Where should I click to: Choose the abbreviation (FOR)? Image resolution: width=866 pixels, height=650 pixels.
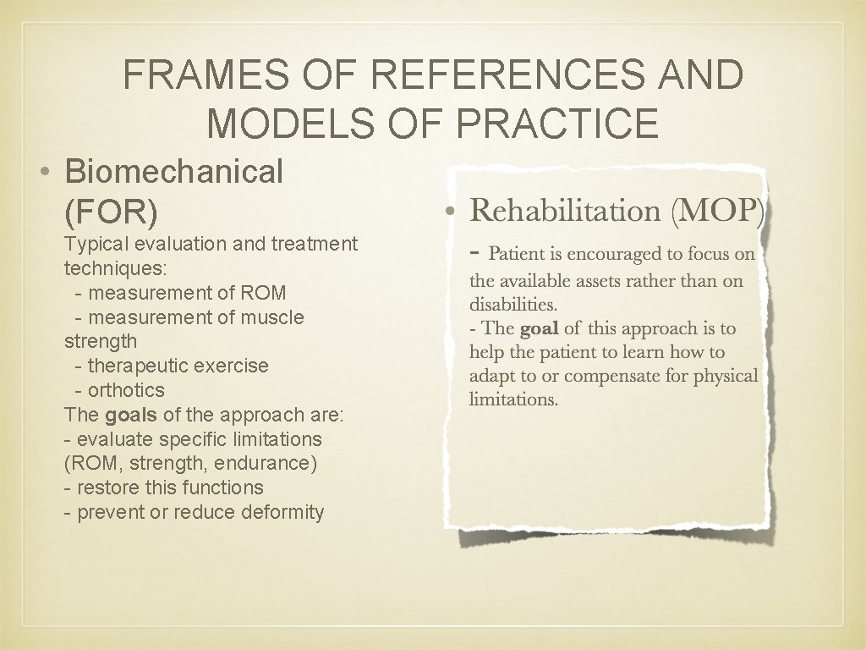click(x=111, y=212)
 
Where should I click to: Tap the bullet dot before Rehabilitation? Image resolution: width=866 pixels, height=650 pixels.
click(x=453, y=211)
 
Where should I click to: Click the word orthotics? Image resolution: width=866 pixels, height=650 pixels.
click(x=126, y=390)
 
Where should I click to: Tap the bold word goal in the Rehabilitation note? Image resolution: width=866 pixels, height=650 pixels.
click(x=539, y=328)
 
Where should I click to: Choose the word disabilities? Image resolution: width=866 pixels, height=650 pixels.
click(x=512, y=304)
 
